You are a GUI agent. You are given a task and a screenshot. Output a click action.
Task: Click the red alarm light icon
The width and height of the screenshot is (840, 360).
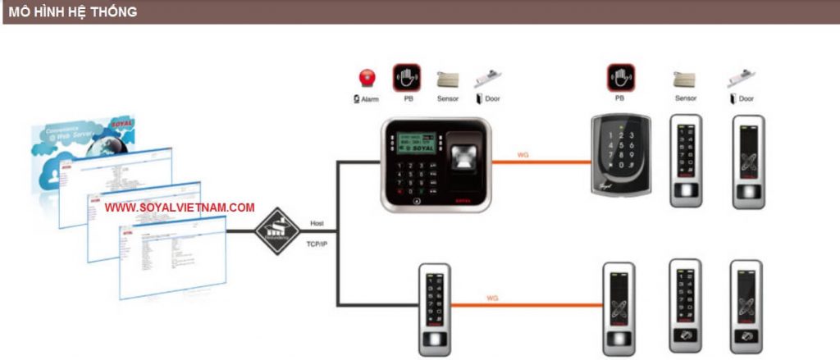tap(367, 79)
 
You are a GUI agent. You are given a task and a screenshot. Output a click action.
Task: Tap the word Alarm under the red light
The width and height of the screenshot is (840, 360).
tap(370, 98)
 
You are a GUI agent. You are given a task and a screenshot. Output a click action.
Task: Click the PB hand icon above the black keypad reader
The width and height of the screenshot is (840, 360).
tap(620, 79)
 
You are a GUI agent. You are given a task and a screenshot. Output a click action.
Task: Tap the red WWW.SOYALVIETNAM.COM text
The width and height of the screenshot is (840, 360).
tap(180, 207)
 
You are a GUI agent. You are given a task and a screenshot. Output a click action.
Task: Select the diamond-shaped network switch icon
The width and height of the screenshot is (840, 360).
tap(278, 230)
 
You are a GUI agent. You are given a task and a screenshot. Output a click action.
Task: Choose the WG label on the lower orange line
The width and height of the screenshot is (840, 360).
tap(492, 298)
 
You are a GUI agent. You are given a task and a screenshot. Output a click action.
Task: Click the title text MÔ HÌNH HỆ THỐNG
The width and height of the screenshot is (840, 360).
tap(72, 11)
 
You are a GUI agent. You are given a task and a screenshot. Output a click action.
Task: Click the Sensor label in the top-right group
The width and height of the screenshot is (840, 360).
tap(685, 98)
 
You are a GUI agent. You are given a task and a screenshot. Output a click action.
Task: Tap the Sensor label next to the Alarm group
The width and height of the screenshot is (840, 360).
tap(448, 98)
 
